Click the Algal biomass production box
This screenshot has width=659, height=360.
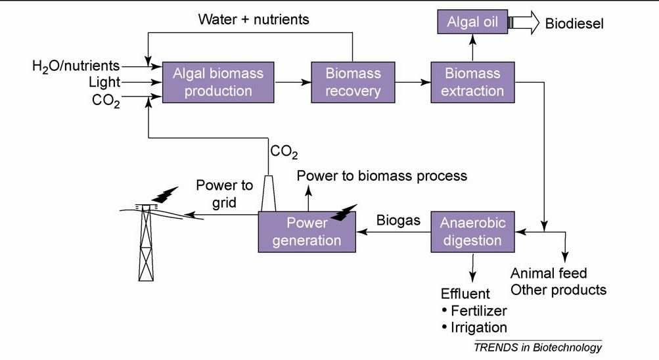[218, 82]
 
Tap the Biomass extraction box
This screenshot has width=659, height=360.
[472, 82]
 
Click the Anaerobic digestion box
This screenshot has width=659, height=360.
[472, 231]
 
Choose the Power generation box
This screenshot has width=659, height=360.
[306, 231]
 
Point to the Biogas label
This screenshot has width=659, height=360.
[398, 221]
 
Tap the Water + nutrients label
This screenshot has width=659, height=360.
[254, 19]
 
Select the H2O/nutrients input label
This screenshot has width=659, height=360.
[76, 66]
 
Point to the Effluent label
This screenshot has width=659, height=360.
[465, 293]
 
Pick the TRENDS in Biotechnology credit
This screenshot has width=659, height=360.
[537, 347]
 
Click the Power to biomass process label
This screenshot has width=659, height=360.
[382, 175]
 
